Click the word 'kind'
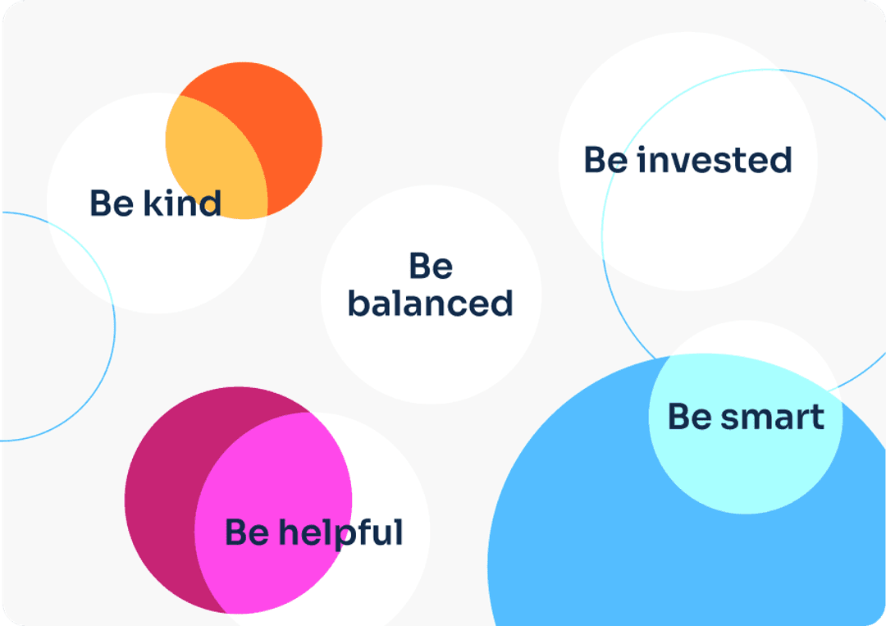[182, 203]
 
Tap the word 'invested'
[715, 159]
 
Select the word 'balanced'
[431, 303]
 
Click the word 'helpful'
[341, 532]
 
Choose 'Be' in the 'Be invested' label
[605, 159]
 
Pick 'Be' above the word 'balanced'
[431, 266]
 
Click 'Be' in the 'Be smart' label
[690, 417]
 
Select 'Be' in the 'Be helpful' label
[247, 532]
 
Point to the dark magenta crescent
[164, 497]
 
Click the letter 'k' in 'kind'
[153, 203]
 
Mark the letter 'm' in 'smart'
[764, 420]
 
